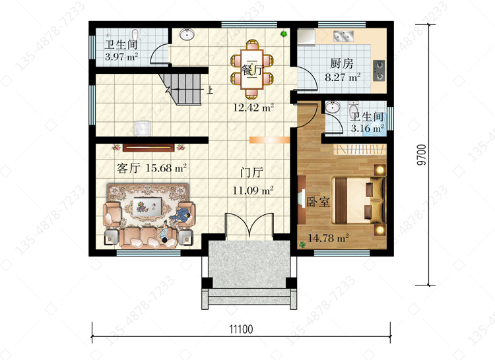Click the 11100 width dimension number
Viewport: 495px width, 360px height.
(241, 329)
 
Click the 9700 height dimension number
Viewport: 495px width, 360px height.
(421, 155)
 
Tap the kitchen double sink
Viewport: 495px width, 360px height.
(343, 36)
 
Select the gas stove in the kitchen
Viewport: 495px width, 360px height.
(379, 71)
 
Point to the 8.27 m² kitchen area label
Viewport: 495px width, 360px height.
(343, 77)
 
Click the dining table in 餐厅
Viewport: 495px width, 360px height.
(251, 69)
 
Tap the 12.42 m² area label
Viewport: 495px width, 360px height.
(253, 108)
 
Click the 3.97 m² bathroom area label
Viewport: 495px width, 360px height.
(121, 57)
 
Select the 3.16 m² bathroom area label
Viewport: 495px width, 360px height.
(368, 129)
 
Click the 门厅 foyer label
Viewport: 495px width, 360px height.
(251, 173)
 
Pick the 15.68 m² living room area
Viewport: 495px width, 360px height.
(166, 167)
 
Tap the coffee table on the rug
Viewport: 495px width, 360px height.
(147, 206)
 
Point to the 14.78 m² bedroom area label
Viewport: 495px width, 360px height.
(328, 237)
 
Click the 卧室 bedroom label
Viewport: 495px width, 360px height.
(318, 202)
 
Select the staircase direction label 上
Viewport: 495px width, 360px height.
(210, 90)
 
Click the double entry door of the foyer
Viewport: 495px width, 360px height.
(249, 225)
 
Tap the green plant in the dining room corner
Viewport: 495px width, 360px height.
(284, 34)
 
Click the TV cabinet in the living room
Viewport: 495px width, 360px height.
(148, 147)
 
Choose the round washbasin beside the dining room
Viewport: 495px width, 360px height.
(187, 34)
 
